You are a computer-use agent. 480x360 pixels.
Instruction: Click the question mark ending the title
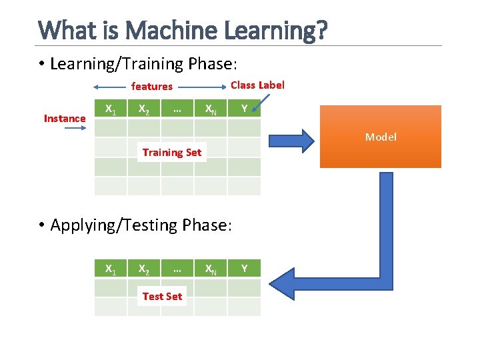[321, 30]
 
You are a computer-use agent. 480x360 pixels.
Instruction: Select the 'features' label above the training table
[151, 86]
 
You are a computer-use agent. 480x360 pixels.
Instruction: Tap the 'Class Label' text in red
[257, 85]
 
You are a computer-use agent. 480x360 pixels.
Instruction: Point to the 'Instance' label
[65, 119]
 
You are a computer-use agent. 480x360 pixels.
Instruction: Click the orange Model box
[381, 137]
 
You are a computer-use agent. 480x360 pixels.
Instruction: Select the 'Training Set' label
[171, 152]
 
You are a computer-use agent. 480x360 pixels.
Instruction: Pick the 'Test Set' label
[162, 296]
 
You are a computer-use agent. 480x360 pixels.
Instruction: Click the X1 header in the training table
[111, 109]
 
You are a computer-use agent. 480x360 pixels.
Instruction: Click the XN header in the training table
[210, 109]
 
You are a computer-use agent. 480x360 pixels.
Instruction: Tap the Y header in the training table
[244, 109]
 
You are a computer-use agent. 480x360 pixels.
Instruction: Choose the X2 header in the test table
[143, 269]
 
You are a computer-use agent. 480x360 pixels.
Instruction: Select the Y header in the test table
[244, 269]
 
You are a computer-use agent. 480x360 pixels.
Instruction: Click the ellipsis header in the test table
[177, 269]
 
